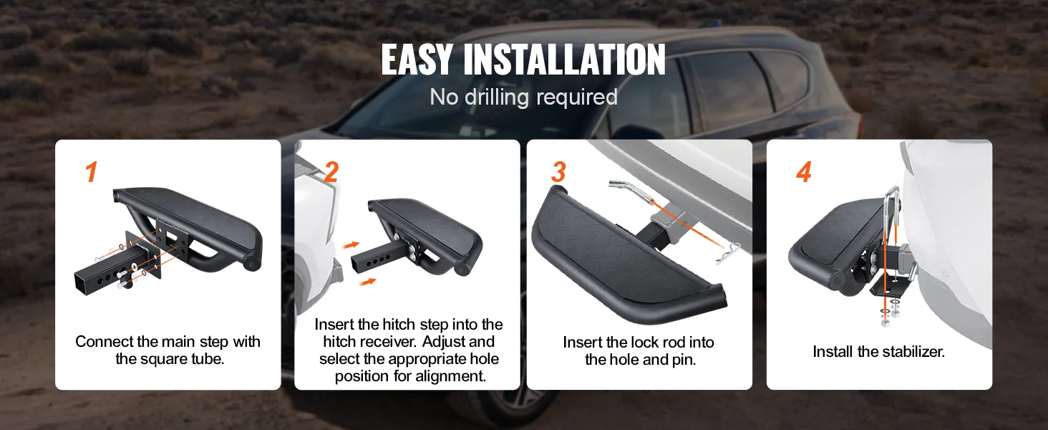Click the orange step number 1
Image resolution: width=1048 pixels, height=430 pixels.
tap(91, 172)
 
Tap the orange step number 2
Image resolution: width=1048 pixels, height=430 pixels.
tap(331, 172)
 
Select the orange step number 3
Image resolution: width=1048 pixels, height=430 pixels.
tap(558, 172)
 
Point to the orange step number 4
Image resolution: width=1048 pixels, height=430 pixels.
tap(804, 172)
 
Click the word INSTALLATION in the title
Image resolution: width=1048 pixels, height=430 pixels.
tap(564, 59)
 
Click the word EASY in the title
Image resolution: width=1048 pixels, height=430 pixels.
tap(417, 59)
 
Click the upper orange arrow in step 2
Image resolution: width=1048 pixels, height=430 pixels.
tap(351, 244)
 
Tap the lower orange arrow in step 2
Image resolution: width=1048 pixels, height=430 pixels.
tap(368, 282)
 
